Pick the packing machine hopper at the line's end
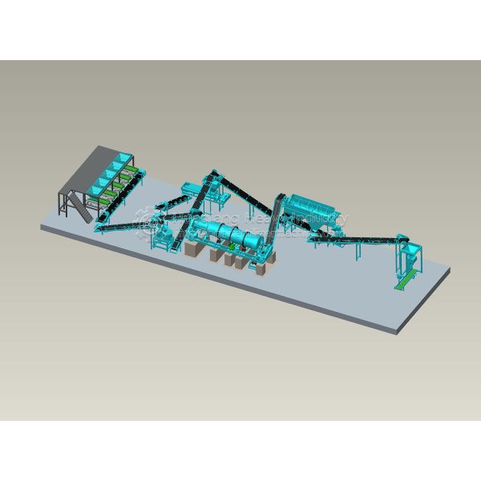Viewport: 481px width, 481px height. pos(408,257)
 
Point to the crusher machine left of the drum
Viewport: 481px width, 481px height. pos(165,236)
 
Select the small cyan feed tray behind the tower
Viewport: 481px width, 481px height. pos(190,188)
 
